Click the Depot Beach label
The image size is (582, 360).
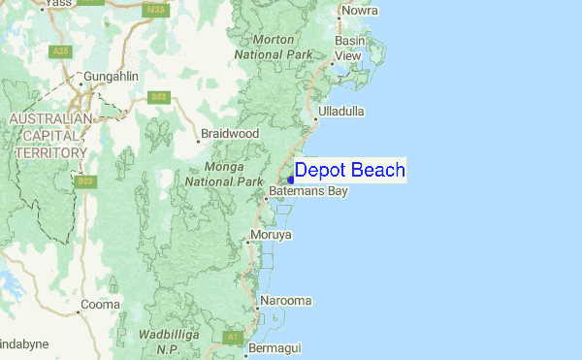click(349, 170)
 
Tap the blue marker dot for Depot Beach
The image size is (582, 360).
click(290, 180)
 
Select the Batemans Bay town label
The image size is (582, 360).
click(308, 192)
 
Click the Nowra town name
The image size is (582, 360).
click(358, 12)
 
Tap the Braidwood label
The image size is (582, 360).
click(230, 133)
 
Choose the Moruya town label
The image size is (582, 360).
click(271, 236)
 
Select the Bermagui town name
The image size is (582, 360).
click(275, 347)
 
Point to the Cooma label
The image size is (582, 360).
click(100, 305)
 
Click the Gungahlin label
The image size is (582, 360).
click(113, 76)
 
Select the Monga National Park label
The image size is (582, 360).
click(224, 174)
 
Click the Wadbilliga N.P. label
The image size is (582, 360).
click(170, 341)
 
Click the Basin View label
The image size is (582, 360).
click(349, 49)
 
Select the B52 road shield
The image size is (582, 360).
click(158, 96)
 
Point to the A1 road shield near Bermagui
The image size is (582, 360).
click(232, 337)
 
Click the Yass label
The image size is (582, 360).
click(59, 4)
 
